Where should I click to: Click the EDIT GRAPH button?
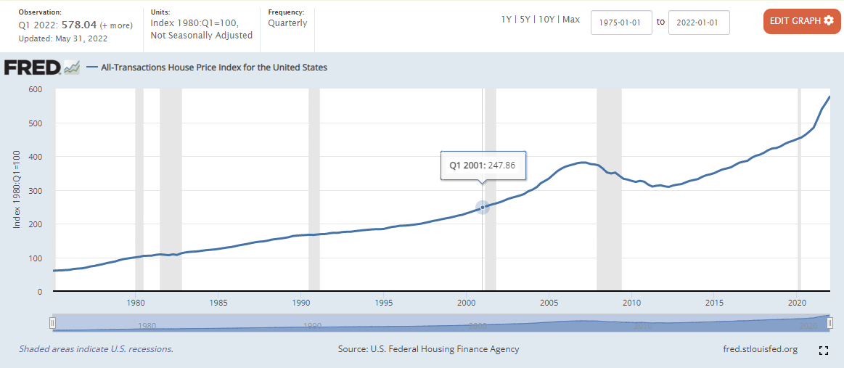(x=801, y=21)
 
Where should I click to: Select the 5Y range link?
(x=525, y=20)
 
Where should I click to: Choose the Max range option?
(x=571, y=20)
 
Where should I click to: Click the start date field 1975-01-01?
(x=621, y=22)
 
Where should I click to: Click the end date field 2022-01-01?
(x=698, y=22)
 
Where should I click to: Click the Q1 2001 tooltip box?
(x=483, y=165)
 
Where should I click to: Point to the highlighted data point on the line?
(x=483, y=208)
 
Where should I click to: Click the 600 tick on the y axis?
(x=35, y=89)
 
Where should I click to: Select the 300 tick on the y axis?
(x=35, y=191)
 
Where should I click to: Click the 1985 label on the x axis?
(x=218, y=302)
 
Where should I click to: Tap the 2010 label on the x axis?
(x=631, y=302)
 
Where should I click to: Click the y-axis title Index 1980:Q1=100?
(x=17, y=190)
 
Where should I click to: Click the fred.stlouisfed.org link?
(x=761, y=349)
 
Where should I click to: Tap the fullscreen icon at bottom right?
(x=824, y=351)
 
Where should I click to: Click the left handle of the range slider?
(x=52, y=322)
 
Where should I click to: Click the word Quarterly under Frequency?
(x=287, y=23)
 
